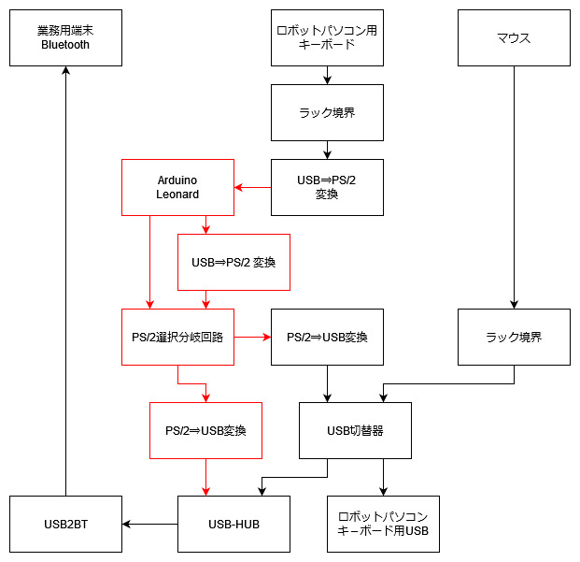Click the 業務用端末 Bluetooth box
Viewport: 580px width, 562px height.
click(65, 37)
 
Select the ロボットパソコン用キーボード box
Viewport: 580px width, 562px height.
click(327, 37)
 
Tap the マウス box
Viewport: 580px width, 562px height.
click(514, 37)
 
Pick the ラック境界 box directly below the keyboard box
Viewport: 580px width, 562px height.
click(327, 112)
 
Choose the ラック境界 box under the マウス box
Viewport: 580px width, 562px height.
click(514, 337)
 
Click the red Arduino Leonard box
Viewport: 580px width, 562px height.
click(177, 187)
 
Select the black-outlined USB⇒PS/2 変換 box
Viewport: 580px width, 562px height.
click(327, 187)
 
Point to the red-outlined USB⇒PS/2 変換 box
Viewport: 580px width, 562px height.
click(233, 262)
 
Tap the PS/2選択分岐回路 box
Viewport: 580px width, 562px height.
click(177, 337)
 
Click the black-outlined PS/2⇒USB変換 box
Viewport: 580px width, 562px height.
click(327, 337)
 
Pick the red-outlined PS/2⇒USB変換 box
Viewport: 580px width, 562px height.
click(205, 430)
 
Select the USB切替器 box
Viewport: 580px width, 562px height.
click(355, 430)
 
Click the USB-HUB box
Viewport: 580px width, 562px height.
click(233, 524)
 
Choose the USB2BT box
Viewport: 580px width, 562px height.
click(65, 524)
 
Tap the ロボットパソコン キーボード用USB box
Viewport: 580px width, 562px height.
click(383, 524)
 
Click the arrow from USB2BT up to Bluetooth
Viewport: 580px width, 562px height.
click(65, 281)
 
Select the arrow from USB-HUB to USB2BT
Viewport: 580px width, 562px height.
click(149, 524)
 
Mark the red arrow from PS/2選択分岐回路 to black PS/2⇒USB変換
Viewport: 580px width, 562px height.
click(252, 337)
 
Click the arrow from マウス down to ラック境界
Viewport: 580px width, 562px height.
click(514, 187)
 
